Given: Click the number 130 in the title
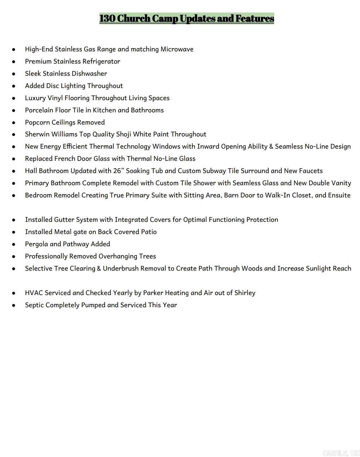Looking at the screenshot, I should (107, 18).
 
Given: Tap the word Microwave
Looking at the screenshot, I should (177, 49).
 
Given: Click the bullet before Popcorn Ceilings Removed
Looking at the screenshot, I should (14, 122).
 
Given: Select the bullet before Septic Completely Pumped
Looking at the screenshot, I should (14, 305).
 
